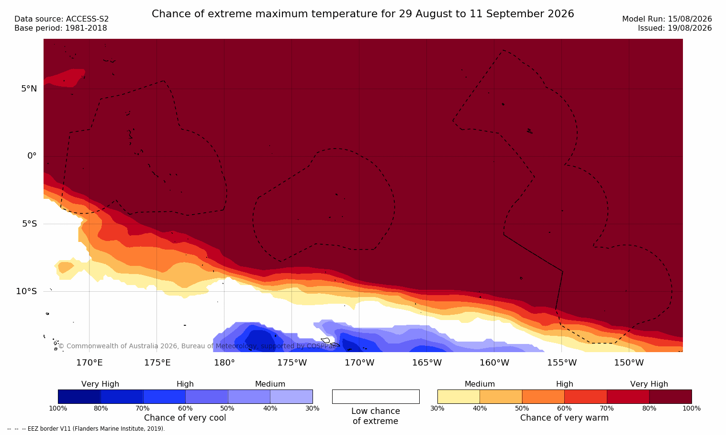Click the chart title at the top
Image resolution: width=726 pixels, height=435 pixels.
click(363, 14)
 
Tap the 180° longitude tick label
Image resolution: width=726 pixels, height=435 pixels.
click(224, 362)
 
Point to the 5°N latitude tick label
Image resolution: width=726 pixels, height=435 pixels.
click(29, 89)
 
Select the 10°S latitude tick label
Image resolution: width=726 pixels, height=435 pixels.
click(27, 291)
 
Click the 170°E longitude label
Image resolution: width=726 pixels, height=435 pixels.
click(89, 362)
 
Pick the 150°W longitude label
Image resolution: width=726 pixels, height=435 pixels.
click(629, 362)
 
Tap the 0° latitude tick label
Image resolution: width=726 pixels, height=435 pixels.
click(32, 156)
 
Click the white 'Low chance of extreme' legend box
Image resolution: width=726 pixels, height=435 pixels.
click(376, 396)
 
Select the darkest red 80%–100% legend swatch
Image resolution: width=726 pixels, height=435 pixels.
click(670, 396)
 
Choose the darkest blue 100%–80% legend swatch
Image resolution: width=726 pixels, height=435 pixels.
click(79, 396)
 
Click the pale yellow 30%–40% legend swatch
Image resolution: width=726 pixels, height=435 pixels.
click(458, 396)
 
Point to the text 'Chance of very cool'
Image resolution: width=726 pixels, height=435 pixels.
click(185, 418)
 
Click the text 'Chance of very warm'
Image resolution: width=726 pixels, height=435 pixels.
click(564, 418)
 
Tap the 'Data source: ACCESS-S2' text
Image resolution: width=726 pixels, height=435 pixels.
click(62, 19)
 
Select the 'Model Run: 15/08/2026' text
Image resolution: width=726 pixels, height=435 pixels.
click(667, 19)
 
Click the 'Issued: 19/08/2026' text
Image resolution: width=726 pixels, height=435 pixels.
click(675, 28)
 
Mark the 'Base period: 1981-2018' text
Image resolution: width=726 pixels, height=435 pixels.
click(61, 28)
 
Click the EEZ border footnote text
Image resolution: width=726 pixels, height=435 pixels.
click(86, 428)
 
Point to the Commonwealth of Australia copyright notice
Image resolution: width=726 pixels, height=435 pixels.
click(198, 346)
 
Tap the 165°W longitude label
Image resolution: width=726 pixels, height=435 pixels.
click(427, 362)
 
